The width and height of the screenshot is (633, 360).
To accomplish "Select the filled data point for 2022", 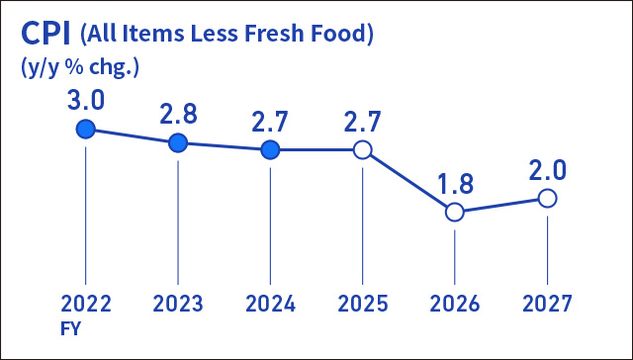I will (86, 129).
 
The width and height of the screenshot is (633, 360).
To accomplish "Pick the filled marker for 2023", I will (178, 142).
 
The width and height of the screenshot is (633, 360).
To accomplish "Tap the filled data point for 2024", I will (270, 150).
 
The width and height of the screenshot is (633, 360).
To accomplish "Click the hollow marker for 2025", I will (362, 150).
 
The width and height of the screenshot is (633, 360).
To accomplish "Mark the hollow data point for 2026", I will (454, 212).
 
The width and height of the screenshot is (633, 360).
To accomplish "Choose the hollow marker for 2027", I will (547, 198).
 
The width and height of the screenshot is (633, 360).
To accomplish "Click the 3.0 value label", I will (86, 101).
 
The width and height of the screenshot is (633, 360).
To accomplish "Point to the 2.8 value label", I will (178, 114).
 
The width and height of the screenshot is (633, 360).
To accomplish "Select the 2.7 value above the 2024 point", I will (270, 123).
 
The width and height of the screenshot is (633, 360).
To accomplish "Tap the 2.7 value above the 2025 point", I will (362, 123).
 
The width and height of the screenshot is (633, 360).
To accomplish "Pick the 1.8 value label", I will (454, 184).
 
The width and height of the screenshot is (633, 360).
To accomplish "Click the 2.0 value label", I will (547, 170).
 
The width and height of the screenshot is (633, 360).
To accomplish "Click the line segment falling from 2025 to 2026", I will (408, 181).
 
